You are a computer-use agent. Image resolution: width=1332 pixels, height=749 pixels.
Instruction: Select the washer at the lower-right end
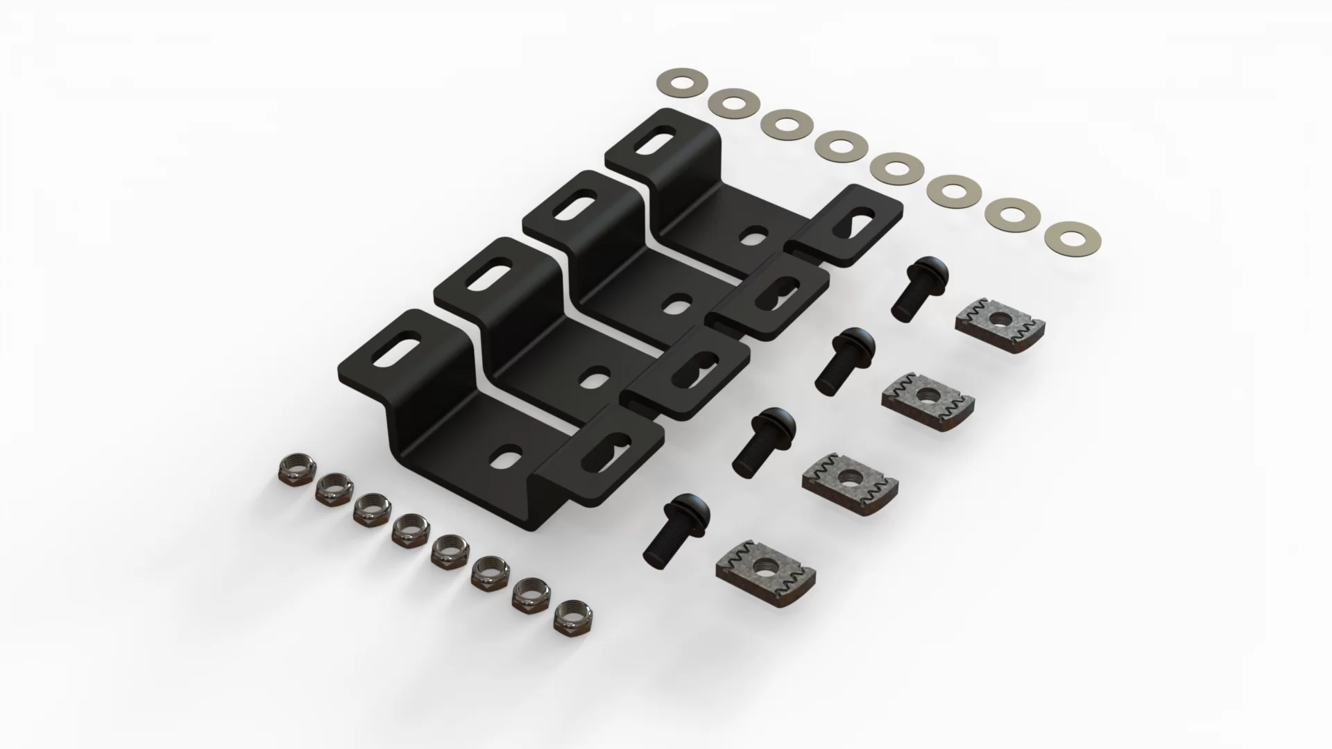[1061, 236]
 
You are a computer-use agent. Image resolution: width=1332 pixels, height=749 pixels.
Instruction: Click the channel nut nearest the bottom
[765, 569]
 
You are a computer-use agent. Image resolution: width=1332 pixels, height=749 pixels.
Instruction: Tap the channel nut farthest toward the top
[999, 319]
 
